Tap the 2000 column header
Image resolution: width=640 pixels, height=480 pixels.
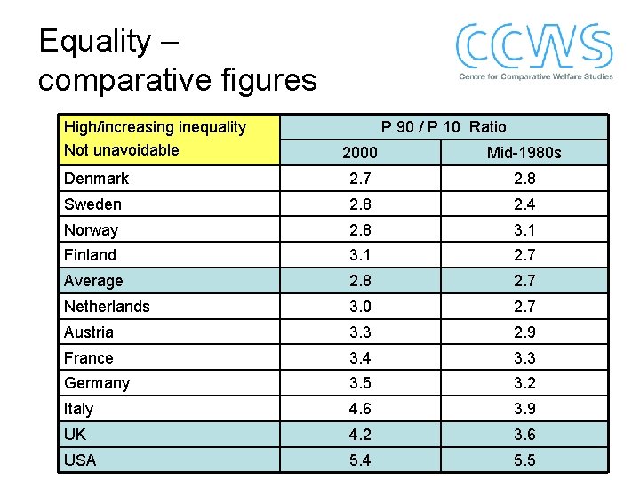pyautogui.click(x=360, y=153)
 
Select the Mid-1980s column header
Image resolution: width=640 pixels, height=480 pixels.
pyautogui.click(x=524, y=153)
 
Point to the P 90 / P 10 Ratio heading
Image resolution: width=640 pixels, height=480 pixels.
pyautogui.click(x=444, y=127)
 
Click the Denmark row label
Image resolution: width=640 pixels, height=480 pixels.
pyautogui.click(x=96, y=179)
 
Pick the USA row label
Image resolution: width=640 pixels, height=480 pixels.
pyautogui.click(x=80, y=460)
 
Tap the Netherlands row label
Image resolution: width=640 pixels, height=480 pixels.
pyautogui.click(x=107, y=307)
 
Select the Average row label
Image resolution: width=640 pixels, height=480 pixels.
pyautogui.click(x=93, y=281)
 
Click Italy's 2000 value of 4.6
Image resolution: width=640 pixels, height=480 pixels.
pyautogui.click(x=360, y=409)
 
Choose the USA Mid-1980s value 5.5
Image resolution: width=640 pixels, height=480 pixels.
pyautogui.click(x=524, y=460)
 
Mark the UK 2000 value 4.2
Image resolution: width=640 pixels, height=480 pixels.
pyautogui.click(x=360, y=435)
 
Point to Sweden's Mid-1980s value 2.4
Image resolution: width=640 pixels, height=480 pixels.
pyautogui.click(x=524, y=204)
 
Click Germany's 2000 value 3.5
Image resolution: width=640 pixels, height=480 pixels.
pyautogui.click(x=360, y=383)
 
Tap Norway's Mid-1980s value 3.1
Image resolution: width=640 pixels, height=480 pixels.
pyautogui.click(x=524, y=230)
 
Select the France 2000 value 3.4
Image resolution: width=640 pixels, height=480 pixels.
pyautogui.click(x=360, y=358)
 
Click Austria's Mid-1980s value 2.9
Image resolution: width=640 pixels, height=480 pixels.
pyautogui.click(x=524, y=332)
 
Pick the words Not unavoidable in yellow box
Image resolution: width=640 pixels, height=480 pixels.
pyautogui.click(x=121, y=150)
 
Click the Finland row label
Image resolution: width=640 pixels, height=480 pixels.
pyautogui.click(x=90, y=255)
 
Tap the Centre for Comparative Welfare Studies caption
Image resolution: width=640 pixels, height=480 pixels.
pyautogui.click(x=535, y=76)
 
